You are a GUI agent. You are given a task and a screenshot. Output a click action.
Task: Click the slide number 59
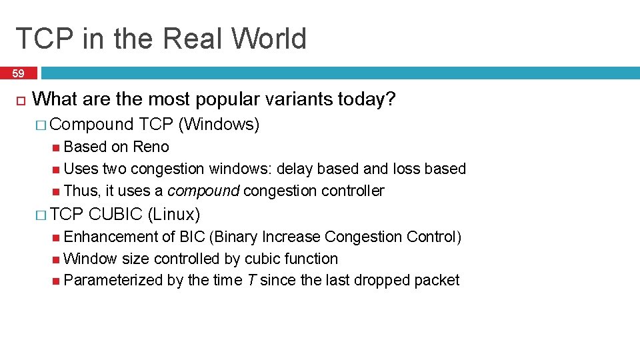(19, 73)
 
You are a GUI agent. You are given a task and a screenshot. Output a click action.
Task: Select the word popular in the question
(229, 100)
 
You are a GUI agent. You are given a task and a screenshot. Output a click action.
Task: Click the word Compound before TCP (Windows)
(92, 124)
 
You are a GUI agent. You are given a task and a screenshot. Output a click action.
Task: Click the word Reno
(151, 147)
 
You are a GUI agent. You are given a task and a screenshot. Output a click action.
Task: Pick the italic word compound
(203, 191)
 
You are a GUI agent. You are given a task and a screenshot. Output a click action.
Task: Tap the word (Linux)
(174, 214)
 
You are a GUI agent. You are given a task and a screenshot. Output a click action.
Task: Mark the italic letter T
(251, 281)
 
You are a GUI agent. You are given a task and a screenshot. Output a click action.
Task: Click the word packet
(437, 281)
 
